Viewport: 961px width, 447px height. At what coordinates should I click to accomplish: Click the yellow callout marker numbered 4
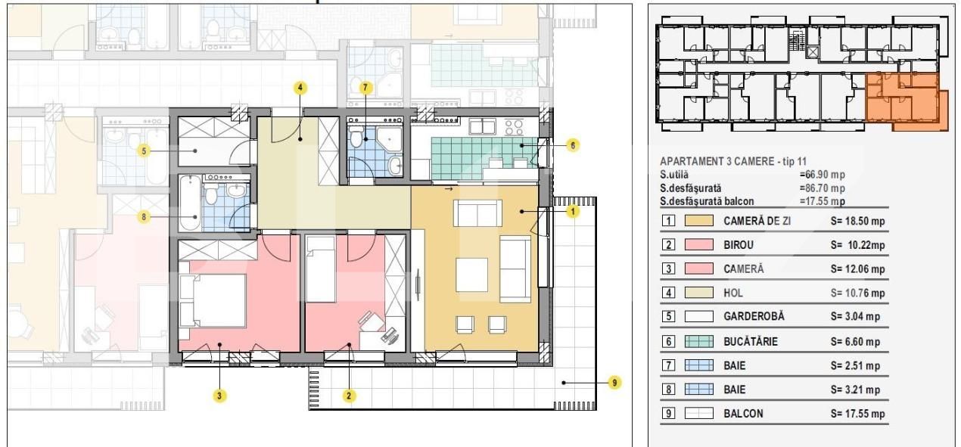tap(300, 88)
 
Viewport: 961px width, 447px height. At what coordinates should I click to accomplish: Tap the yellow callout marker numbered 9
tap(614, 383)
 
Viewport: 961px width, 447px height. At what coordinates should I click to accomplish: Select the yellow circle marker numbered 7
tap(365, 88)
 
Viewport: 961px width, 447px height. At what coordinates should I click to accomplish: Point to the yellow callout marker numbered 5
tap(144, 151)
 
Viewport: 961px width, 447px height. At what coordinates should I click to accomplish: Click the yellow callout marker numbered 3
tap(219, 396)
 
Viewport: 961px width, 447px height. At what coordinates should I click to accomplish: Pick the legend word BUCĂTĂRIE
tap(751, 341)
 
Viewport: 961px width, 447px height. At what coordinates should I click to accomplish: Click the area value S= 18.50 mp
tap(857, 221)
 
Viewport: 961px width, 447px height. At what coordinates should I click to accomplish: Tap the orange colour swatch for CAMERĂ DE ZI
tap(699, 221)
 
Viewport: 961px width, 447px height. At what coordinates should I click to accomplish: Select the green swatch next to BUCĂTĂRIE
tap(699, 341)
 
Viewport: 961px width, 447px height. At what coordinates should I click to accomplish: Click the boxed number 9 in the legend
tap(668, 414)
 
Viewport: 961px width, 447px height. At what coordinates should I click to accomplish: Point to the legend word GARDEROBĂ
tap(754, 317)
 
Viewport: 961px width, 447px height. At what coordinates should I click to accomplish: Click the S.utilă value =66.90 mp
tap(823, 175)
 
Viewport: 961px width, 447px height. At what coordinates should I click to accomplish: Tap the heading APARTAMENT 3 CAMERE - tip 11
tap(733, 161)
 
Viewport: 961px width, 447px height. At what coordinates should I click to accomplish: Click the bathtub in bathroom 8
tap(190, 203)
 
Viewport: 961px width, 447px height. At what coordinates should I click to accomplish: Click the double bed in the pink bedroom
tap(213, 300)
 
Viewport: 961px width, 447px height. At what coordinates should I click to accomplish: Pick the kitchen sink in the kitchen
tap(482, 126)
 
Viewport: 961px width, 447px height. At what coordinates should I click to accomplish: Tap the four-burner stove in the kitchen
tap(514, 127)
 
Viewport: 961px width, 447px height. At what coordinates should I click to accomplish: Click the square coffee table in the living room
tap(471, 275)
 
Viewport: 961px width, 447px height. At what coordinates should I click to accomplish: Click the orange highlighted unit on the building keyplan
tap(905, 102)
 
